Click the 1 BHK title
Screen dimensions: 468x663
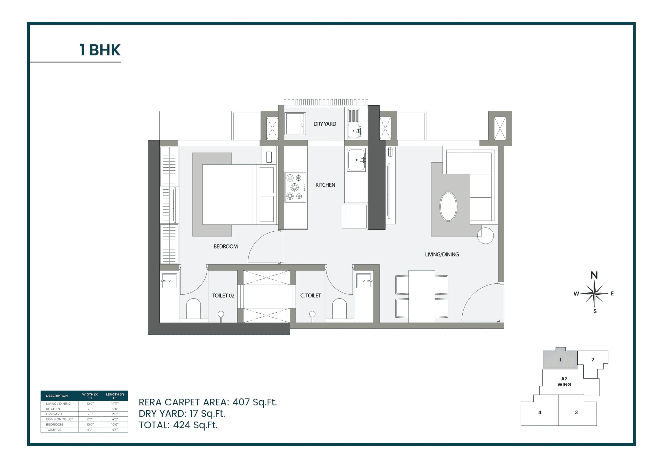[x=100, y=50]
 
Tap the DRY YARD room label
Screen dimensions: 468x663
[x=325, y=124]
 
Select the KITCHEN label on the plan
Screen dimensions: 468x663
[x=325, y=185]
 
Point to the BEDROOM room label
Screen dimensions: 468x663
[x=226, y=247]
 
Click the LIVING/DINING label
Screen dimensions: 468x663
[x=442, y=255]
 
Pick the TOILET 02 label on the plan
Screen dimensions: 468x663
[x=223, y=296]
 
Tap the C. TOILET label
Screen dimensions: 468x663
[x=310, y=296]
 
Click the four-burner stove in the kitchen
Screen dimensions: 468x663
[x=295, y=187]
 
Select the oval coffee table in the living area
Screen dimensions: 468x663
[x=448, y=207]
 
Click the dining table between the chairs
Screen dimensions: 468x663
[x=421, y=296]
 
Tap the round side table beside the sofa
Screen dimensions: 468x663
[x=485, y=236]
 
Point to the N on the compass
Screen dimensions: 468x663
[x=594, y=275]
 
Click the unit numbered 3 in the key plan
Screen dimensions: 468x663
[x=576, y=412]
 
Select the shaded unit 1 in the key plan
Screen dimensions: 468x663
[x=560, y=360]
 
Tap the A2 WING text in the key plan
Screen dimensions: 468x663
[x=564, y=381]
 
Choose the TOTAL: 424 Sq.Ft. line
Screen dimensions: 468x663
[x=178, y=425]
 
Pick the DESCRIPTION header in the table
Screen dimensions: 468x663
[x=57, y=396]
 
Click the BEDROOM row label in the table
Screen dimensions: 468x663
[x=54, y=424]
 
